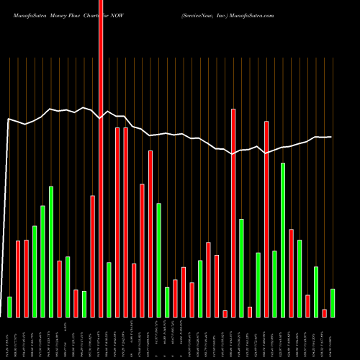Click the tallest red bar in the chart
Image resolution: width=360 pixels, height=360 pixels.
pyautogui.click(x=101, y=158)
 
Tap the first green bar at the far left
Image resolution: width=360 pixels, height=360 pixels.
pyautogui.click(x=9, y=307)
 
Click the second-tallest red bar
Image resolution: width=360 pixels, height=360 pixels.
pyautogui.click(x=233, y=212)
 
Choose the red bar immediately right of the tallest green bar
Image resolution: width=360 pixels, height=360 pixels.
pyautogui.click(x=292, y=273)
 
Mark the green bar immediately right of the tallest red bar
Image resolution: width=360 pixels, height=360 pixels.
pyautogui.click(x=109, y=289)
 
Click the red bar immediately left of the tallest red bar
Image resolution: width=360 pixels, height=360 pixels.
pyautogui.click(x=93, y=256)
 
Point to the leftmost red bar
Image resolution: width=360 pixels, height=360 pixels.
pyautogui.click(x=18, y=279)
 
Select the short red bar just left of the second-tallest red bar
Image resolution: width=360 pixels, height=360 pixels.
pyautogui.click(x=225, y=313)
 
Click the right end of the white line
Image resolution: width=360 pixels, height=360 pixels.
pyautogui.click(x=331, y=137)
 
